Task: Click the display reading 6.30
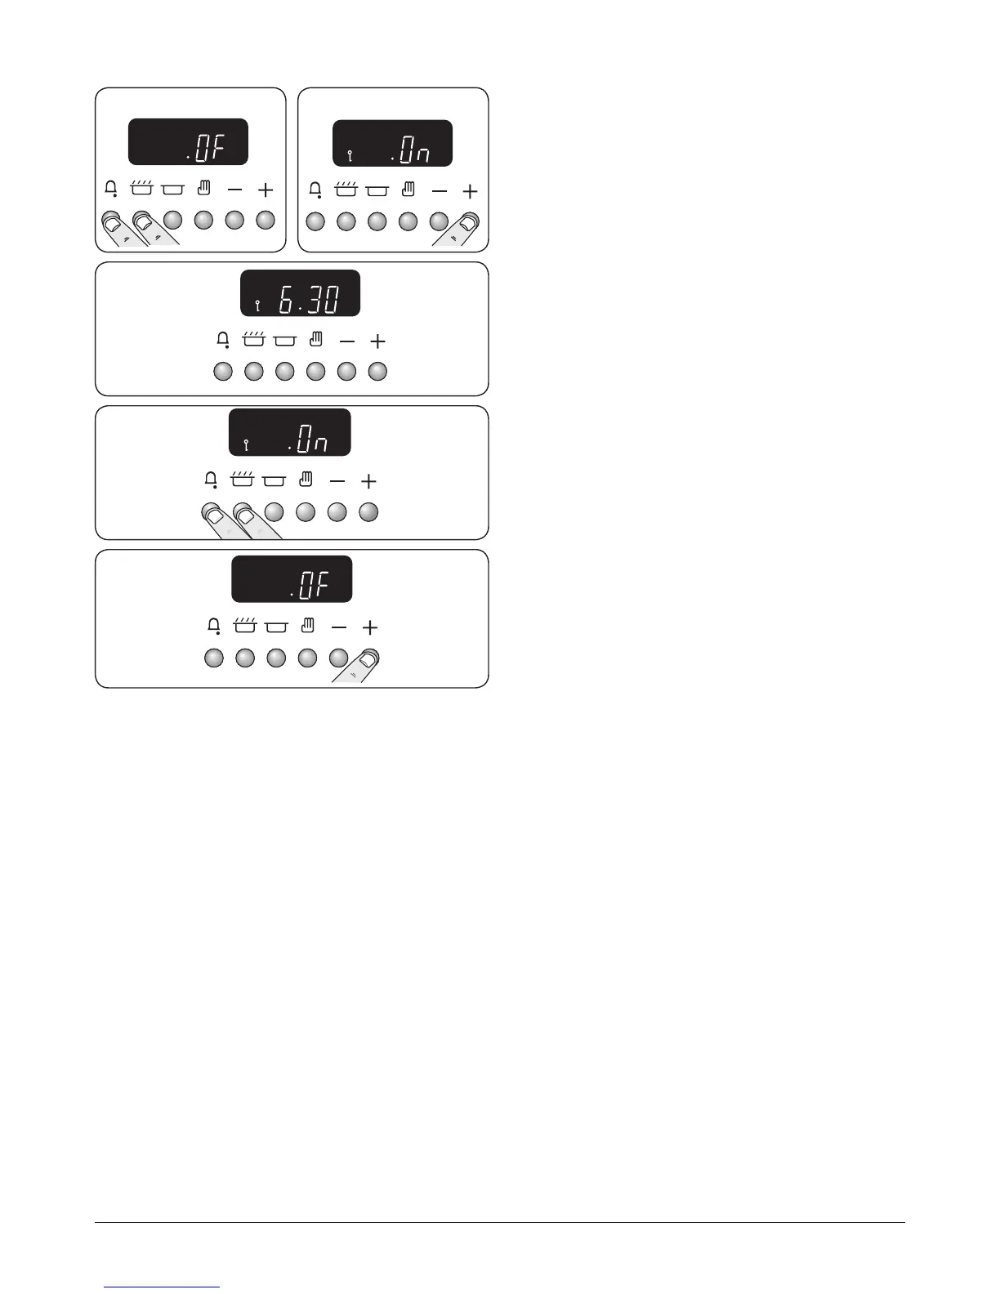(300, 292)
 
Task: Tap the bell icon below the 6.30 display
(222, 341)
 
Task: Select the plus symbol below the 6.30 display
(377, 341)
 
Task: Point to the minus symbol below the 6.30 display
(347, 341)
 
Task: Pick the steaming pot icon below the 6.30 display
(253, 340)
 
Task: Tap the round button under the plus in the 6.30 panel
(377, 372)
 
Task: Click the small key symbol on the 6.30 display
(257, 306)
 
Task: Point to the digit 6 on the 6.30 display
(286, 300)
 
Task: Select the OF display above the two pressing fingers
(188, 141)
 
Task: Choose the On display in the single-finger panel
(392, 143)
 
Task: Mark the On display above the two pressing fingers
(289, 432)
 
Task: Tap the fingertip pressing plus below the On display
(468, 221)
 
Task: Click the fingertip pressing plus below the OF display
(368, 658)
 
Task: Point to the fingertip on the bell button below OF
(111, 221)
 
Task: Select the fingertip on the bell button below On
(212, 513)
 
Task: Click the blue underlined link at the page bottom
(163, 1287)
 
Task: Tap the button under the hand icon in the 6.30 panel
(316, 372)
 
